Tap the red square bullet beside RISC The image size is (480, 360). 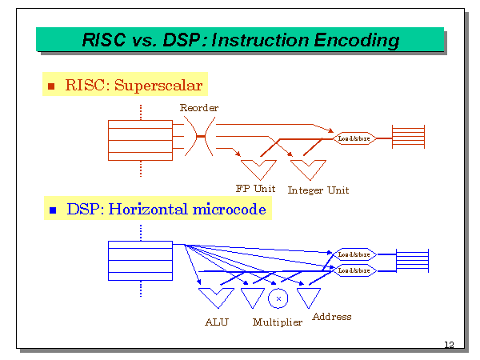[52, 86]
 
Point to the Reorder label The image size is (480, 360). [199, 107]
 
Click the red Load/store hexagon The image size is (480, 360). [354, 138]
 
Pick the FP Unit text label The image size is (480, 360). [255, 189]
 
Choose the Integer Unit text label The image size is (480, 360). [318, 190]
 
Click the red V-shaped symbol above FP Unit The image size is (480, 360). [258, 169]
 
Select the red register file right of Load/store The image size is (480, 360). [407, 138]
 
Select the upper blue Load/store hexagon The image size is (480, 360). [354, 254]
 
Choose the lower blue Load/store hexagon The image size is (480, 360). [354, 270]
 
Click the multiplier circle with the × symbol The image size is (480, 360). [278, 298]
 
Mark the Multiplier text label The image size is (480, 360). [278, 322]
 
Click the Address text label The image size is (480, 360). [331, 316]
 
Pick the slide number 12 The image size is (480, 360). [449, 345]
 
